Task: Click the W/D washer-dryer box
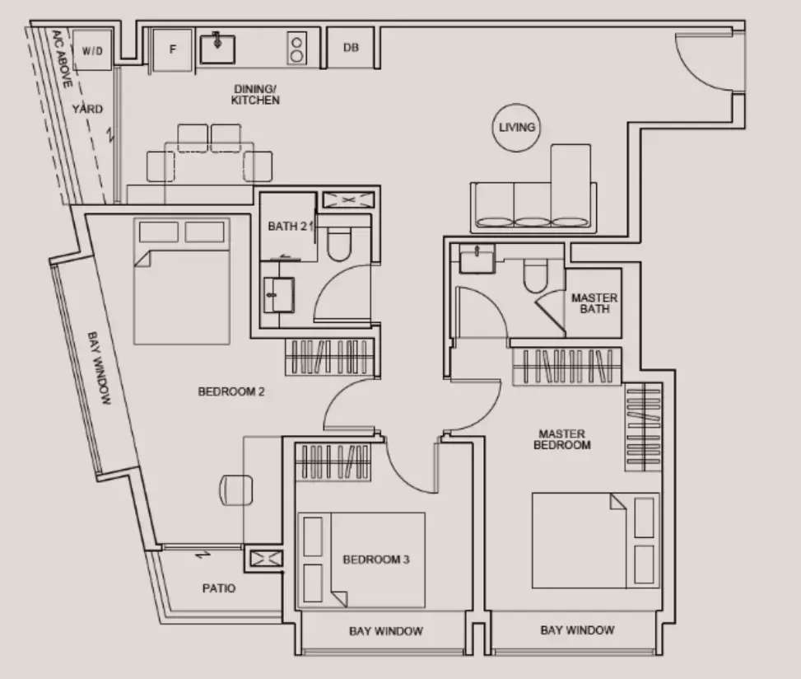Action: [x=92, y=49]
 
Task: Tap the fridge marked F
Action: [x=173, y=49]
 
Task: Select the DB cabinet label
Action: [x=351, y=48]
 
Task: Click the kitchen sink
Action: [x=217, y=49]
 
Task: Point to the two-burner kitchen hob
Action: [x=297, y=48]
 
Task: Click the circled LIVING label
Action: [x=516, y=127]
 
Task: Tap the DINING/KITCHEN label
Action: [x=255, y=95]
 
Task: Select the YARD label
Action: [x=87, y=109]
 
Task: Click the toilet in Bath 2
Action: [x=338, y=241]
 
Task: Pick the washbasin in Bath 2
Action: [x=278, y=294]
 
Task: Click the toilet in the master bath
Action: [x=535, y=275]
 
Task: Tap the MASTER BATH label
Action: [x=594, y=303]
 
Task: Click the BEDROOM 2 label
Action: [x=231, y=391]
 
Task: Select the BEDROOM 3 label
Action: [x=376, y=560]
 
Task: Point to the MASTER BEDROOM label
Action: [x=562, y=439]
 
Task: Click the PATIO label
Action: [x=219, y=588]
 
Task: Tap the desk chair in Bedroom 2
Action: [x=236, y=489]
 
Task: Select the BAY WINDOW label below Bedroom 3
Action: [x=386, y=631]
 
